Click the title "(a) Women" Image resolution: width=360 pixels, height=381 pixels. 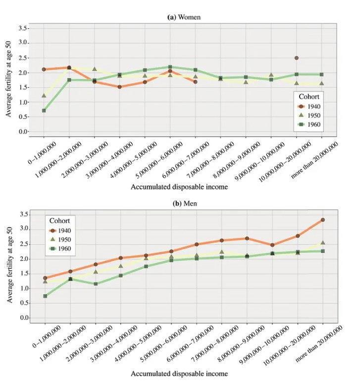(184, 17)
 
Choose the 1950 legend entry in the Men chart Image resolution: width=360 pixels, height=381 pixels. (61, 239)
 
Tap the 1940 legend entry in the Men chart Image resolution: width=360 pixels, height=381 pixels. (61, 230)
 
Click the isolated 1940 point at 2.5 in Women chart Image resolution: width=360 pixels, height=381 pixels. (296, 58)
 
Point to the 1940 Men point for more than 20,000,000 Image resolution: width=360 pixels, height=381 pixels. (323, 220)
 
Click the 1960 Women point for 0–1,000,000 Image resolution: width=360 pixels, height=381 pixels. (44, 110)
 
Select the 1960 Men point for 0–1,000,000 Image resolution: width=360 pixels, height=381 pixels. (45, 296)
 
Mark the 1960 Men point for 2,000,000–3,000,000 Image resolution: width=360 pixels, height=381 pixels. (96, 284)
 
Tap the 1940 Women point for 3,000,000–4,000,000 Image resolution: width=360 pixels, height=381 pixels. (119, 87)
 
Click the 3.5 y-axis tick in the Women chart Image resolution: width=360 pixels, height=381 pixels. (22, 29)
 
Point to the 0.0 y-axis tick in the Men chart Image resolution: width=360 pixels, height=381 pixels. (23, 318)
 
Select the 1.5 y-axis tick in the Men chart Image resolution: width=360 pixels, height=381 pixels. (23, 274)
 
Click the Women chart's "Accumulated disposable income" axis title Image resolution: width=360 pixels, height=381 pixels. (179, 187)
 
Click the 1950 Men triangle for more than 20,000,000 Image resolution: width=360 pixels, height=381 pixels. (323, 243)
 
